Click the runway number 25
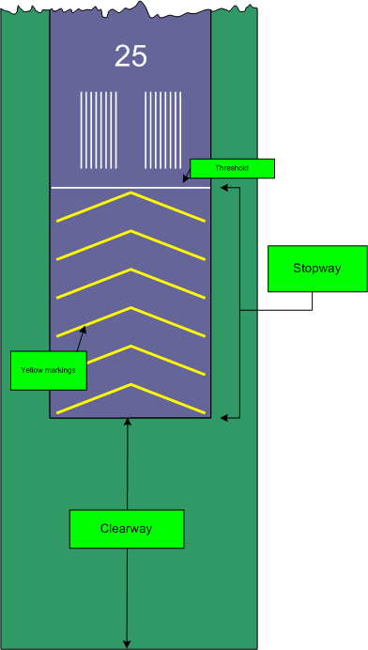pyautogui.click(x=130, y=56)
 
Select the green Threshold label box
pyautogui.click(x=232, y=168)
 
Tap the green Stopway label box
pyautogui.click(x=316, y=269)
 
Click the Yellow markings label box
pyautogui.click(x=49, y=370)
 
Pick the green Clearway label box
pyautogui.click(x=126, y=529)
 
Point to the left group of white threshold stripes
pyautogui.click(x=98, y=130)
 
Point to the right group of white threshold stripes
pyautogui.click(x=163, y=130)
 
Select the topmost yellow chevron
pyautogui.click(x=130, y=205)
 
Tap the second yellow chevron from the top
pyautogui.click(x=130, y=242)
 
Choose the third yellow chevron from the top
pyautogui.click(x=130, y=281)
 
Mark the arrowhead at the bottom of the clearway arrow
pyautogui.click(x=126, y=644)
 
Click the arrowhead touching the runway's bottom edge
pyautogui.click(x=126, y=423)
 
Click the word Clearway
pyautogui.click(x=126, y=529)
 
